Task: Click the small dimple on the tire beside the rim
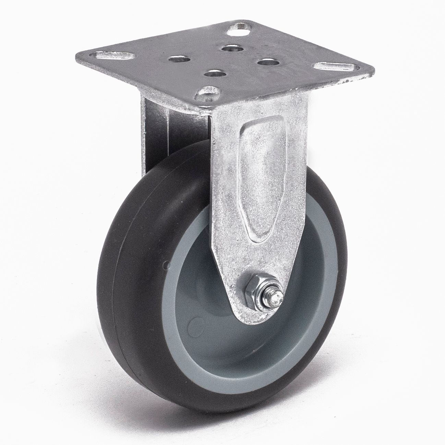tap(167, 265)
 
